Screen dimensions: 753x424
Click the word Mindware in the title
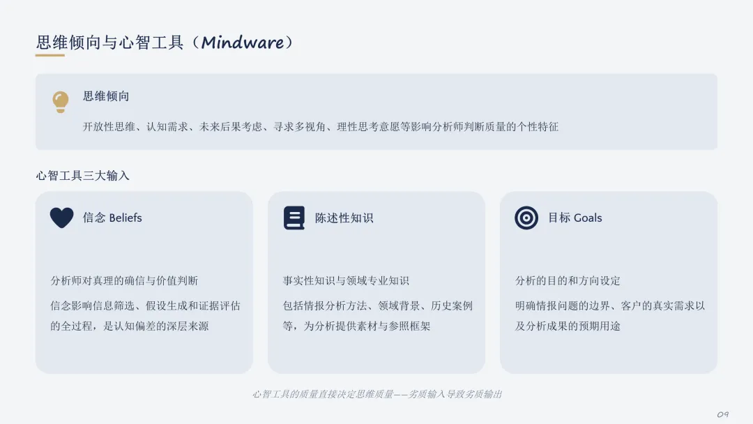tap(242, 43)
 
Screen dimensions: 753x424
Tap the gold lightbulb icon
tap(61, 102)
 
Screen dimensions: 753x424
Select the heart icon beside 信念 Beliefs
tap(62, 218)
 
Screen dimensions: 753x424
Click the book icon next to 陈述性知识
tap(294, 218)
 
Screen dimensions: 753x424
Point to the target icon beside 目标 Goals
tap(526, 218)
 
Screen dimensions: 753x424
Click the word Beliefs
tap(125, 218)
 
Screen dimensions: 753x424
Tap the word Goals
tap(588, 218)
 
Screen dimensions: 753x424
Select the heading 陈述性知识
tap(344, 218)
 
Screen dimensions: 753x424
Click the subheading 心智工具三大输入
tap(82, 176)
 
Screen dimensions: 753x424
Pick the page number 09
tap(723, 414)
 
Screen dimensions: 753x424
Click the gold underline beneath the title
tap(50, 55)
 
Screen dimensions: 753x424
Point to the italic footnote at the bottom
tap(377, 394)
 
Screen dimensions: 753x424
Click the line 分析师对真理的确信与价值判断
tap(124, 281)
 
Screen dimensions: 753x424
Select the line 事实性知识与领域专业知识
tap(346, 281)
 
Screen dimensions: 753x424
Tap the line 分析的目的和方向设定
tap(568, 281)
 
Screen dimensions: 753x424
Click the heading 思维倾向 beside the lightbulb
tap(106, 96)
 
